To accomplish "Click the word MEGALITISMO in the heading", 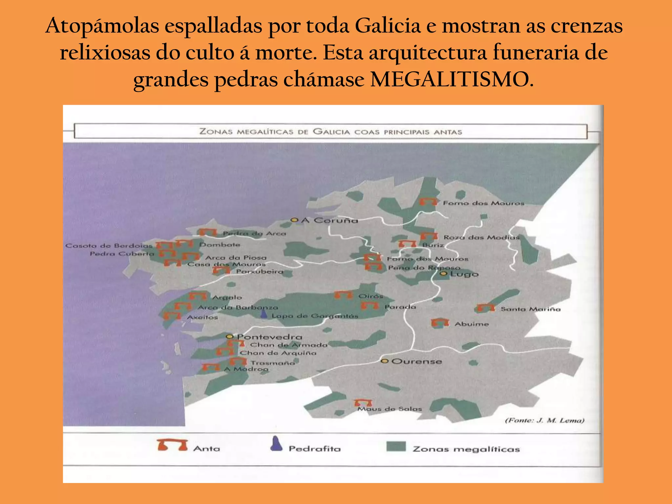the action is pyautogui.click(x=452, y=79).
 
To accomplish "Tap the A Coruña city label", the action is pyautogui.click(x=329, y=220).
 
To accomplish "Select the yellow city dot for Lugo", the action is pyautogui.click(x=444, y=274).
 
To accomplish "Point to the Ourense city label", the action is pyautogui.click(x=417, y=361).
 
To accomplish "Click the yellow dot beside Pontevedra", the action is pyautogui.click(x=230, y=337).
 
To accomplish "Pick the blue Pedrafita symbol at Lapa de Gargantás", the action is pyautogui.click(x=264, y=314).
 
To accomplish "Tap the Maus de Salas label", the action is pyautogui.click(x=389, y=409).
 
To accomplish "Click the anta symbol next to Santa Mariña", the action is pyautogui.click(x=486, y=308).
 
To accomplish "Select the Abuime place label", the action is pyautogui.click(x=472, y=324).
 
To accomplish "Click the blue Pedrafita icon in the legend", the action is pyautogui.click(x=276, y=444).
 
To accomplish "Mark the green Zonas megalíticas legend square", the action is pyautogui.click(x=396, y=447).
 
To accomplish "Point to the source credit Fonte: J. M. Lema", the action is pyautogui.click(x=544, y=420).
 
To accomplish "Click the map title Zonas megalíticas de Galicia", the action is pyautogui.click(x=330, y=132).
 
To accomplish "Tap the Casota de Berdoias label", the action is pyautogui.click(x=109, y=245).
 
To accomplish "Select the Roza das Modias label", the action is pyautogui.click(x=481, y=237).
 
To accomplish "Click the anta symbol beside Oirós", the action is pyautogui.click(x=343, y=295).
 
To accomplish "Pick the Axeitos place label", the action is pyautogui.click(x=202, y=317).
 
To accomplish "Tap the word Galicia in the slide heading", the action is pyautogui.click(x=388, y=26).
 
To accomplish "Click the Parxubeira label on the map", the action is pyautogui.click(x=260, y=271).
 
